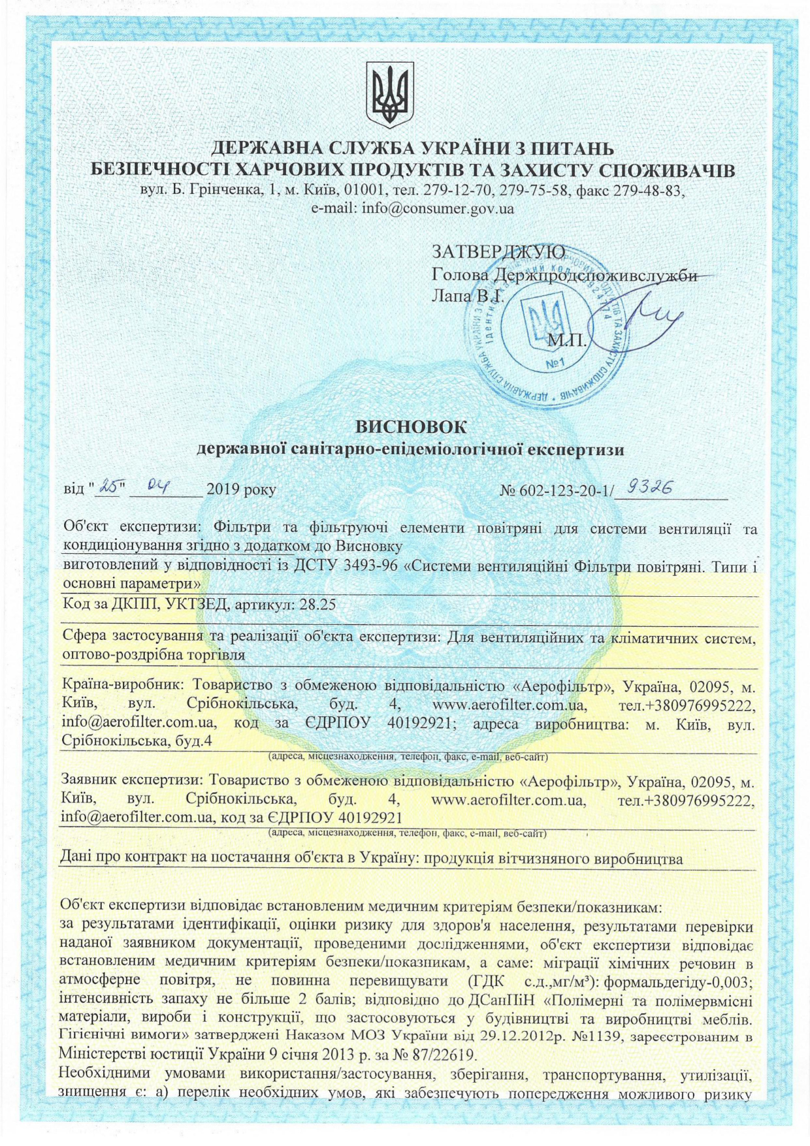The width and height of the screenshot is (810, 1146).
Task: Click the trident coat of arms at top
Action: coord(389,95)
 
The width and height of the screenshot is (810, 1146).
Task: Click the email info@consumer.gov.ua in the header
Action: coord(412,209)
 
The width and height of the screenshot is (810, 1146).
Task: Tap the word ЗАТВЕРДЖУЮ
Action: coord(499,251)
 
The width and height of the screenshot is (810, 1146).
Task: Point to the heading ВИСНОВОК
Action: coord(411,427)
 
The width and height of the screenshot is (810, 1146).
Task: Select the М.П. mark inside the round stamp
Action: coord(568,340)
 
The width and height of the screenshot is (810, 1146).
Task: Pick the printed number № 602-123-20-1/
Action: coord(557,490)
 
